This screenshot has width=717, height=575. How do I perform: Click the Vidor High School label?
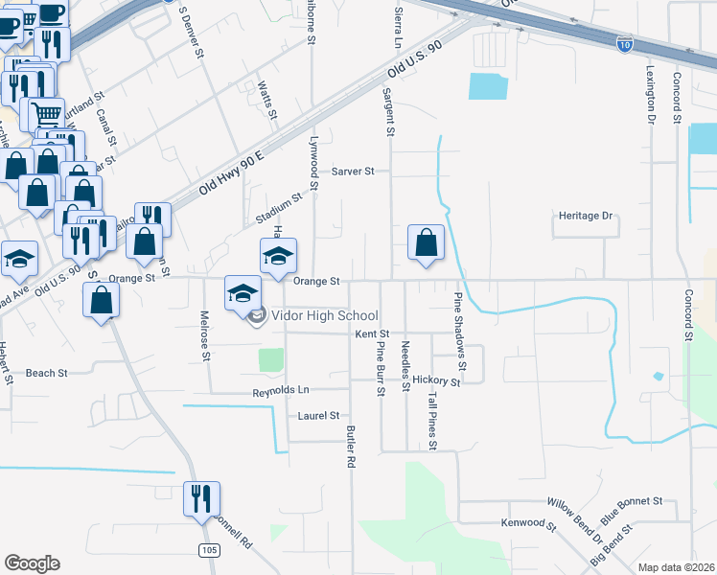325,316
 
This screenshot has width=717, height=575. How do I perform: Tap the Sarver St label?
353,172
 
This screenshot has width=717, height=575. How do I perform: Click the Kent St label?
370,334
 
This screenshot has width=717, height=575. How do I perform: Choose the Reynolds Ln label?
281,391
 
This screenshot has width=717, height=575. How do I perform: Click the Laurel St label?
318,416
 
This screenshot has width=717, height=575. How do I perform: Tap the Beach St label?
47,373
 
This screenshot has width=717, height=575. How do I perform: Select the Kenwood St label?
528,524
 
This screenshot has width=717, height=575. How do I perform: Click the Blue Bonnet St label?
632,501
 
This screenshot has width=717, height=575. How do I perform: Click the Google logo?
32,563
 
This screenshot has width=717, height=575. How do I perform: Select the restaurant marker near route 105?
201,498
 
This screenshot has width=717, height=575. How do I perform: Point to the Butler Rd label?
351,446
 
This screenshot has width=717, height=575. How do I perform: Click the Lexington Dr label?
650,95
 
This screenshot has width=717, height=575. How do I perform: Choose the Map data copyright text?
676,567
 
